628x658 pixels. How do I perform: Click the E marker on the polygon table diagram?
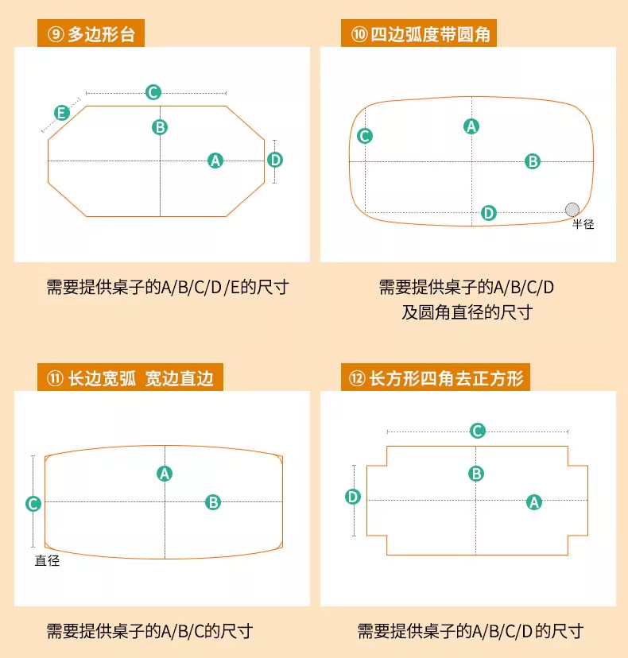[61, 113]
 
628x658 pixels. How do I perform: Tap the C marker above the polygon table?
[153, 92]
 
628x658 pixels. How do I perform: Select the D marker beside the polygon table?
[275, 160]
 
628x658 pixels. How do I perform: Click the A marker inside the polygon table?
[215, 160]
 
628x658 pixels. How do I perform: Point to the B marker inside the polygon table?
[160, 126]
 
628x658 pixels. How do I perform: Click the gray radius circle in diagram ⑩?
[572, 209]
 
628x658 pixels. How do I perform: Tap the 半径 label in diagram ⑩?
[583, 225]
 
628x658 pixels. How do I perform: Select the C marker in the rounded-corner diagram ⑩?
[364, 136]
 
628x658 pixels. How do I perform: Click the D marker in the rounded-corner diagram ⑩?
[489, 212]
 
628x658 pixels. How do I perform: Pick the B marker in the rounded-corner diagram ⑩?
[533, 161]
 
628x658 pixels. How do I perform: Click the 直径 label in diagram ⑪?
[47, 560]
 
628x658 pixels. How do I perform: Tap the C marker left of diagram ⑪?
[33, 503]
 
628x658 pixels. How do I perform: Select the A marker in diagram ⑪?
[165, 474]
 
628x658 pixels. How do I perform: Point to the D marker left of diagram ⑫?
[353, 497]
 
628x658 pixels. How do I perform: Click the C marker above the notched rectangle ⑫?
[477, 431]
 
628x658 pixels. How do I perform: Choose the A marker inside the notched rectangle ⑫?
[534, 501]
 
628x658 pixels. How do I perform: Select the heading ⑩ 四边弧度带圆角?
[425, 36]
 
